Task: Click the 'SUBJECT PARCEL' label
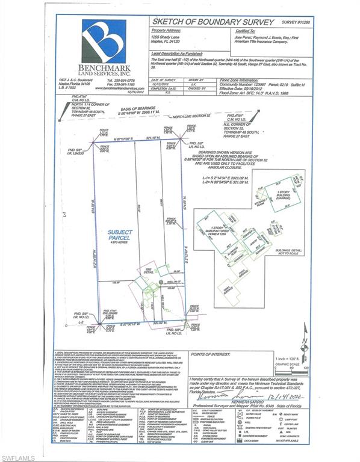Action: pos(116,235)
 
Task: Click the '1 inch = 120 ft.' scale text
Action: pos(293,357)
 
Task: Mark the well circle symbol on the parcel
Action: pos(161,282)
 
